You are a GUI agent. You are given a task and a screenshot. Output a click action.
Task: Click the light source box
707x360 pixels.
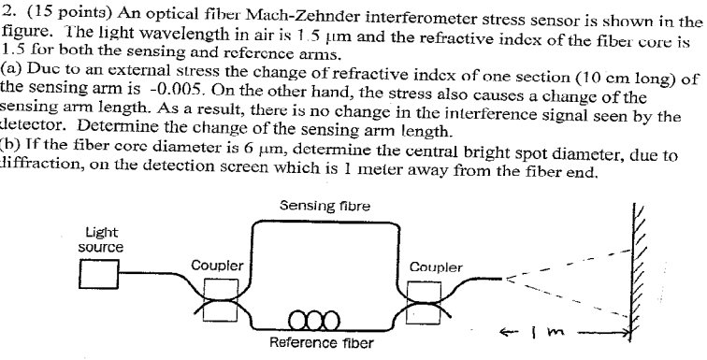98,275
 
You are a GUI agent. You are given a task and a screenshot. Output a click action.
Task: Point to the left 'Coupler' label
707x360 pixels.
216,265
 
